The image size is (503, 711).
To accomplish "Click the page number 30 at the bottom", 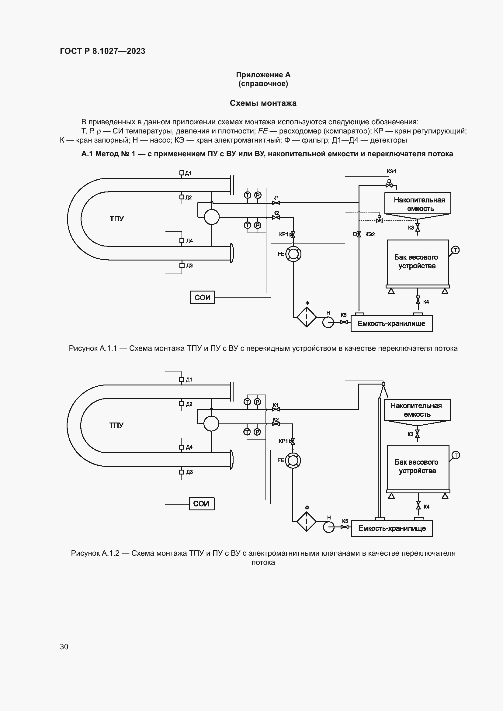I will tap(64, 647).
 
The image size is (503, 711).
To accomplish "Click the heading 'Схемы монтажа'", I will tap(263, 103).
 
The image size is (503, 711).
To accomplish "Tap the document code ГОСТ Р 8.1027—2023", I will tap(102, 51).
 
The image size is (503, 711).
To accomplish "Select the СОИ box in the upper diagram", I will tap(202, 297).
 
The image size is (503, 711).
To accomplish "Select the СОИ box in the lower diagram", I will tap(202, 504).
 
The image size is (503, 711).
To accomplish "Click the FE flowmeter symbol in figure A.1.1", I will tap(293, 254).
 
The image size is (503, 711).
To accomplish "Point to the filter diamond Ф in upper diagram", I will tap(307, 317).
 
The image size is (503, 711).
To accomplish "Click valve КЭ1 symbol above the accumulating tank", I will tap(389, 185).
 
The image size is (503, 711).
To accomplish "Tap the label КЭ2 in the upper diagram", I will tap(370, 234).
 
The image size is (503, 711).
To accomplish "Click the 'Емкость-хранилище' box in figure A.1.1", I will tap(391, 324).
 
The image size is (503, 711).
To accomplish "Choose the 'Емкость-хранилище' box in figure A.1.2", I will tap(392, 528).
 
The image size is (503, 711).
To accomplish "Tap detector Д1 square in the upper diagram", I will tap(182, 173).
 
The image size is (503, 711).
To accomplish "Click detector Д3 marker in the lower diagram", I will tap(182, 472).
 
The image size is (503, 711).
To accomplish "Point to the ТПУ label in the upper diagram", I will tap(117, 219).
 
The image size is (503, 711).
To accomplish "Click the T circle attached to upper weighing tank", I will tap(455, 250).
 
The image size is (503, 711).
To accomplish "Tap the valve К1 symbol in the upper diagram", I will tap(276, 202).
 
